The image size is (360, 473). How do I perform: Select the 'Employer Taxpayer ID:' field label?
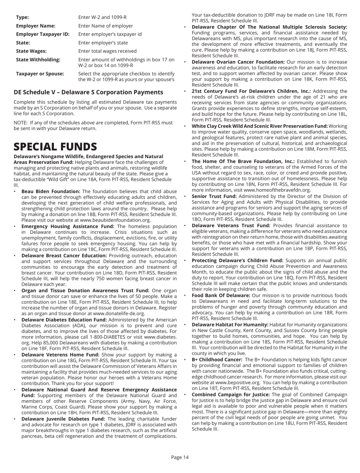pyautogui.click(x=42, y=34)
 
